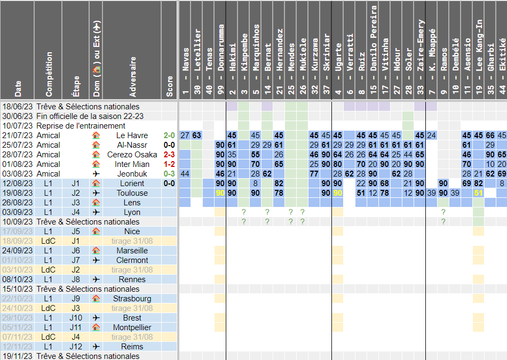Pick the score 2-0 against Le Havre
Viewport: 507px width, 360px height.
click(x=169, y=135)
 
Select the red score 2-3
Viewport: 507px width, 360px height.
click(x=169, y=155)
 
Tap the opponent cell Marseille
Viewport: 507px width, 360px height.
click(x=132, y=251)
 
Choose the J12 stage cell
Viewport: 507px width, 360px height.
click(x=76, y=347)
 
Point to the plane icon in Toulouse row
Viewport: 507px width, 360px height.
click(x=96, y=193)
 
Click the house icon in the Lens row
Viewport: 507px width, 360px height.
click(x=96, y=203)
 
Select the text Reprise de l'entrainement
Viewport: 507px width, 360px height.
click(x=81, y=126)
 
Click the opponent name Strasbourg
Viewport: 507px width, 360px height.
click(x=132, y=299)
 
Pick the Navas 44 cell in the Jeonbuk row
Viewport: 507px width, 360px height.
click(x=185, y=174)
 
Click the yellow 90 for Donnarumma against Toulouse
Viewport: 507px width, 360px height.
click(x=220, y=193)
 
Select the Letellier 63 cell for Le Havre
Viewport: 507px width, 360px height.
click(x=197, y=135)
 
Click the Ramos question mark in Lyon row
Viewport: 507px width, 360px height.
click(x=443, y=212)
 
